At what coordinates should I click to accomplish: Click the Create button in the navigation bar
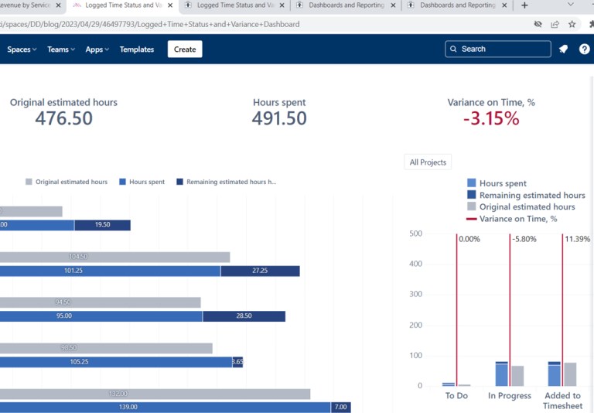point(185,49)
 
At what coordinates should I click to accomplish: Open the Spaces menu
point(22,49)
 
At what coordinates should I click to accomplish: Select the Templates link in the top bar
point(137,49)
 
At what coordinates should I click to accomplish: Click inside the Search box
point(503,49)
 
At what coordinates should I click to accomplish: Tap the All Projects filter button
point(428,162)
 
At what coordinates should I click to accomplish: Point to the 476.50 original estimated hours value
point(63,118)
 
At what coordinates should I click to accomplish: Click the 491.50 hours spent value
point(279,118)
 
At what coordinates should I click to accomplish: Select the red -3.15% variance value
point(491,118)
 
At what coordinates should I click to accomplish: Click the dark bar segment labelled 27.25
point(260,271)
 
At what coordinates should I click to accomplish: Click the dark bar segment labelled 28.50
point(244,316)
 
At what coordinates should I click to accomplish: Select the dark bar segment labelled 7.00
point(340,407)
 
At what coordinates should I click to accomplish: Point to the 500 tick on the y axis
point(415,234)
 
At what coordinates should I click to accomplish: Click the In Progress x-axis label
point(510,396)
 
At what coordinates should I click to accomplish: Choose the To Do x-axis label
point(456,396)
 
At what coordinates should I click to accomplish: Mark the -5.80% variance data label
point(524,240)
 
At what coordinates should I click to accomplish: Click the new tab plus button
point(524,5)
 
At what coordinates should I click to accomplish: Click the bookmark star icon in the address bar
point(572,24)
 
